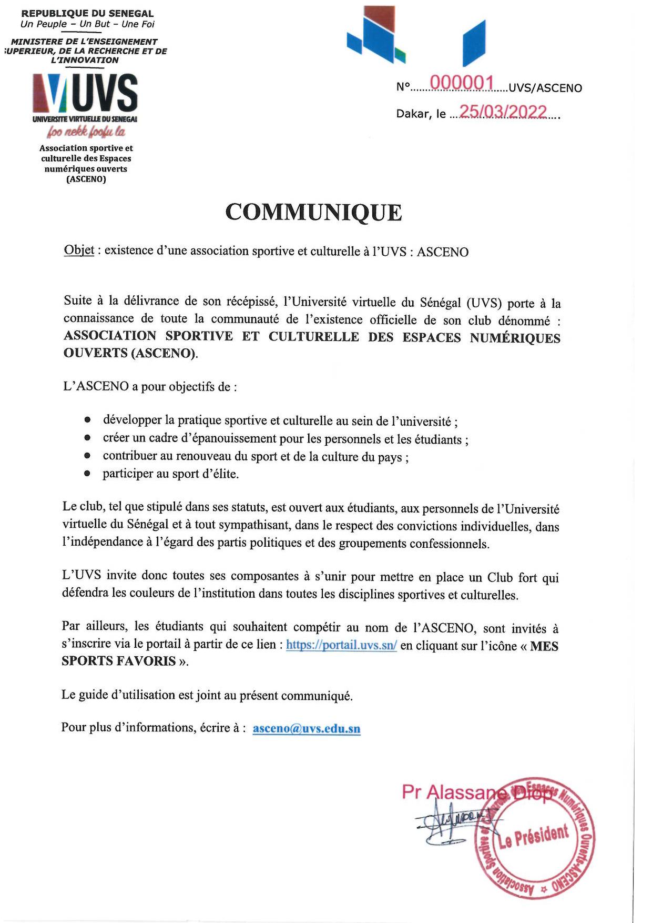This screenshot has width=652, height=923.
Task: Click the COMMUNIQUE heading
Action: click(313, 213)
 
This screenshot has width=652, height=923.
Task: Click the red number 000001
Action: click(462, 83)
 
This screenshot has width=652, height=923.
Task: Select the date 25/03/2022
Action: click(504, 112)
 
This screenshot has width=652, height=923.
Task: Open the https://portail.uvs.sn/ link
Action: click(341, 646)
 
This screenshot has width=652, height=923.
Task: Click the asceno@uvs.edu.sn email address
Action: click(307, 729)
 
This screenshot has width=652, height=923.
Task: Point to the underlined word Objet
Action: click(79, 250)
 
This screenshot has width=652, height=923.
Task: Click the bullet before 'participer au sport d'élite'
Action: click(88, 474)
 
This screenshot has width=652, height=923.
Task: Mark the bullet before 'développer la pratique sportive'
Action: click(88, 420)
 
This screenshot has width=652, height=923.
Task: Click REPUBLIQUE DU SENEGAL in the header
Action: click(87, 13)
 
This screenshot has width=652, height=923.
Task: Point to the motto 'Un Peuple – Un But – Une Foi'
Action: click(87, 24)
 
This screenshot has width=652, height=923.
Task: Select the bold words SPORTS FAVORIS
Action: click(119, 661)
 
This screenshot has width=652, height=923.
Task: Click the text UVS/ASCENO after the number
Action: click(546, 88)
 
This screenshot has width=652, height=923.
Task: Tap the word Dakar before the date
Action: click(413, 114)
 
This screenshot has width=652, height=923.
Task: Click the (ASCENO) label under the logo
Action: click(86, 179)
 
